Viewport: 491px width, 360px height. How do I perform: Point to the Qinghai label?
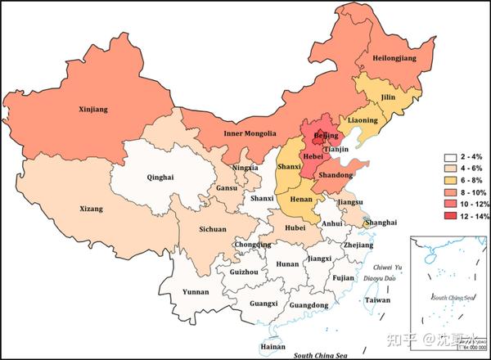click(160, 175)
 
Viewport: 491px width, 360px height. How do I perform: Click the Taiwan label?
click(377, 300)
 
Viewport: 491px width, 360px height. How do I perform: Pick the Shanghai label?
click(381, 223)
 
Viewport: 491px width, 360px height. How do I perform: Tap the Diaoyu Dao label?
click(390, 278)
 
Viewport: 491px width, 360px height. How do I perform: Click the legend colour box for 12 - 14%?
click(451, 216)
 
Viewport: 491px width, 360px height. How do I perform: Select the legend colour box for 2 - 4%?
click(451, 158)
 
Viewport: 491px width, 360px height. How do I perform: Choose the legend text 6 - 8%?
click(474, 181)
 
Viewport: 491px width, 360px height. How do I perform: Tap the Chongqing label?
click(252, 244)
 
